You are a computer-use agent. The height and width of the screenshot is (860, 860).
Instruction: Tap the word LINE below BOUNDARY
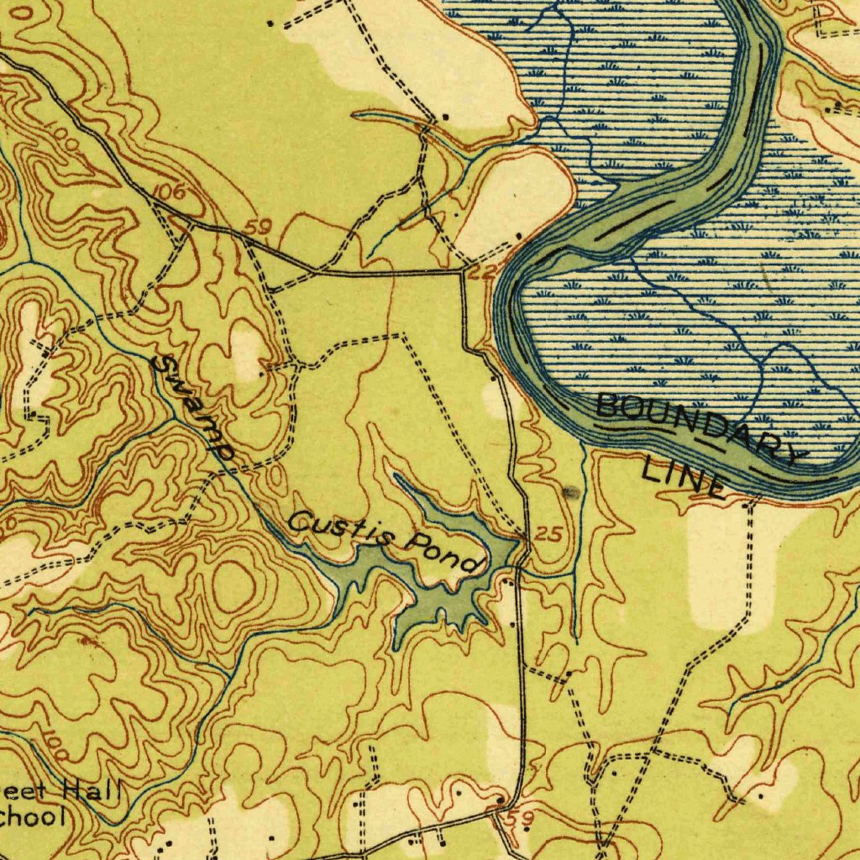click(x=682, y=479)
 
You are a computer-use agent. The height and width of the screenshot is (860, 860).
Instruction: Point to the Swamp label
click(x=194, y=407)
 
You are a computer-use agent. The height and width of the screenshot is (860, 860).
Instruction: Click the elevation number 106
click(x=171, y=192)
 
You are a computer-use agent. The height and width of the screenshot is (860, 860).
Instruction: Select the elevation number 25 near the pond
click(x=548, y=535)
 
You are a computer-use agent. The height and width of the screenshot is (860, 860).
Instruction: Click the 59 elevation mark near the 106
click(x=261, y=227)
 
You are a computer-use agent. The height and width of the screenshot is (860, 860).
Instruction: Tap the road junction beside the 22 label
click(x=462, y=271)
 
